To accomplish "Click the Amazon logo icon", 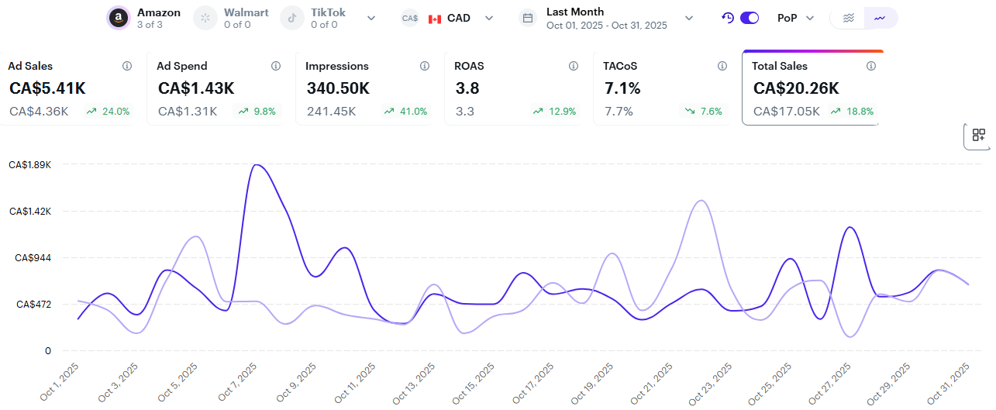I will pos(119,18).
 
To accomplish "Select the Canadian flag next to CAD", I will pos(435,19).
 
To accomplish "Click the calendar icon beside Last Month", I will pos(528,18).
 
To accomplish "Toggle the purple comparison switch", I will pos(750,18).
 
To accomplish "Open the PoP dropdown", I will pos(795,18).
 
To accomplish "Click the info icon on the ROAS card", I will pos(574,66).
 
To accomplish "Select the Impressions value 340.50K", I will pos(338,88).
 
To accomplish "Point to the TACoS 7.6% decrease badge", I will pos(704,112).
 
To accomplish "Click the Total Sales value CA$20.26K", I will pos(796,88).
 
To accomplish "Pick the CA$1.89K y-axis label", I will pos(29,165).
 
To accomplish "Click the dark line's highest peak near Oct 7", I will pos(256,165).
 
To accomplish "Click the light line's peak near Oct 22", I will pos(701,201).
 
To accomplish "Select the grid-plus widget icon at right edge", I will pos(979,136).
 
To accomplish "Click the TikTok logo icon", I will pos(292,18).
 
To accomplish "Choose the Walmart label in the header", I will pos(246,13).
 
